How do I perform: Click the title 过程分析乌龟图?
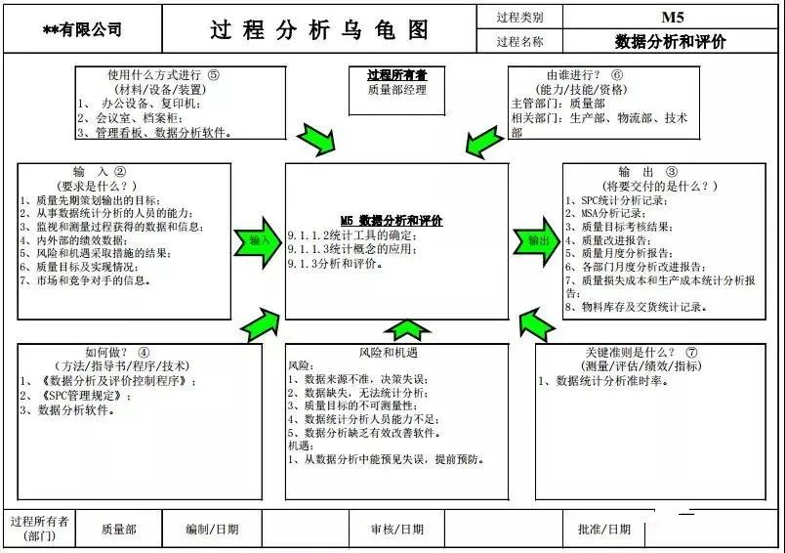pos(319,29)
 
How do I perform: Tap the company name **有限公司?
pos(83,30)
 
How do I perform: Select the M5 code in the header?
pos(672,17)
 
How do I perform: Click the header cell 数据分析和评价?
pos(671,42)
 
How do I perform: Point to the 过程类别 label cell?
pos(519,17)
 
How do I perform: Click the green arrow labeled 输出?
pos(536,240)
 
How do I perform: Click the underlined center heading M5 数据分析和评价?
pos(392,220)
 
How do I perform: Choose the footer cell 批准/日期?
pos(605,530)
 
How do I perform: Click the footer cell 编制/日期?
pos(213,530)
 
